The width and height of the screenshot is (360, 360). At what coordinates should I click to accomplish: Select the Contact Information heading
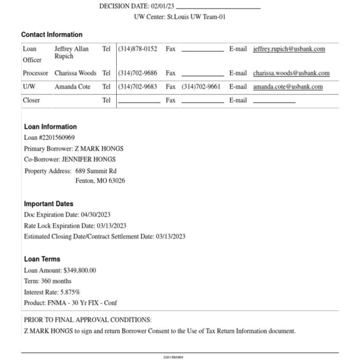52,34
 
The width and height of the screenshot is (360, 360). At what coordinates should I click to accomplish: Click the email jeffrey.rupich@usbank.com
289,49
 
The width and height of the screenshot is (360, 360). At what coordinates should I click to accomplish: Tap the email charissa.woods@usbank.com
291,73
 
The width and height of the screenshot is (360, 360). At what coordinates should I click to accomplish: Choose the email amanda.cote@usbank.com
287,87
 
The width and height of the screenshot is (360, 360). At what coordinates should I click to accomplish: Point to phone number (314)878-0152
137,49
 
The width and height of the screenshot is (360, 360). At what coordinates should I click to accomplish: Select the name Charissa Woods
75,73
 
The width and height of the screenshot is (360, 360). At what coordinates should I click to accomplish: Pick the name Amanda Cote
72,87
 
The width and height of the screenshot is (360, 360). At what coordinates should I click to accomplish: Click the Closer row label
32,100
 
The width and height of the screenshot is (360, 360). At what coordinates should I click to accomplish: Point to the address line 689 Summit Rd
96,171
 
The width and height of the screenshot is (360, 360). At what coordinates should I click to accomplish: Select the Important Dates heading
49,204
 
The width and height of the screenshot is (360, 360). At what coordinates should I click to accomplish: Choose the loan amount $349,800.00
79,270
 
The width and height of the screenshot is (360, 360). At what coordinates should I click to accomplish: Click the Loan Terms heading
42,259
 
